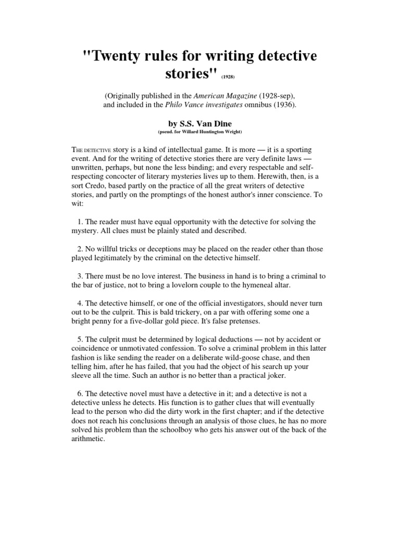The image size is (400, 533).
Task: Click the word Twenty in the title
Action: [x=116, y=56]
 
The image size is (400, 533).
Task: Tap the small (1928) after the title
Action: [x=230, y=77]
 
